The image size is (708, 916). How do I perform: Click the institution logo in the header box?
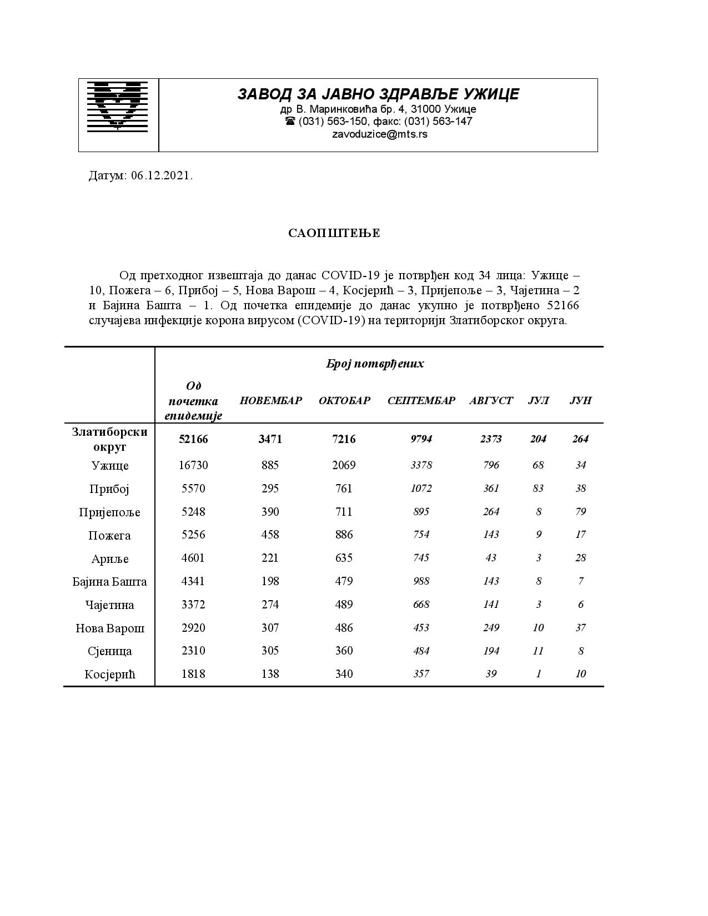point(118,105)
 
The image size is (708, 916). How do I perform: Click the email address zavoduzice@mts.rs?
point(379,134)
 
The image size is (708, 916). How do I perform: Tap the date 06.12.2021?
point(162,176)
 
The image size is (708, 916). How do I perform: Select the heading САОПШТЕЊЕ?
point(334,233)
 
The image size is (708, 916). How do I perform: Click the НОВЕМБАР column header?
point(270,401)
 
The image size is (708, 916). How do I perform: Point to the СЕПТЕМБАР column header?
point(421,401)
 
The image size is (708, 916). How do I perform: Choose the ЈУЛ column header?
point(538,401)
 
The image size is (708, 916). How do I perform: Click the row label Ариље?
point(110,558)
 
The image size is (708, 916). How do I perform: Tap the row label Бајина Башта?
point(110,582)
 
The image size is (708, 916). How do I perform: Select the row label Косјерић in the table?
point(110,675)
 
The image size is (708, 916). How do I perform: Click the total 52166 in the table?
point(193,439)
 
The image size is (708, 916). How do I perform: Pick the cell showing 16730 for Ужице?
point(193,465)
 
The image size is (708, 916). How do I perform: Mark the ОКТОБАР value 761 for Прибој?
point(344,489)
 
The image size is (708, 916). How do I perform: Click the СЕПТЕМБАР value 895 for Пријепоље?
point(421,512)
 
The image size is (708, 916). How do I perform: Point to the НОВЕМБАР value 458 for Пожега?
point(270,535)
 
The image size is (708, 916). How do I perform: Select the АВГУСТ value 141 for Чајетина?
point(491,605)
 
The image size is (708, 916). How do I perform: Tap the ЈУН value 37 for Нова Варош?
point(580,628)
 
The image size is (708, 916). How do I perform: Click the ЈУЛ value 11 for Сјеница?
point(538,651)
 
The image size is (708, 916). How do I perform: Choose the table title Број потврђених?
point(375,364)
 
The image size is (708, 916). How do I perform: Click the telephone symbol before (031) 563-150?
point(290,121)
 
